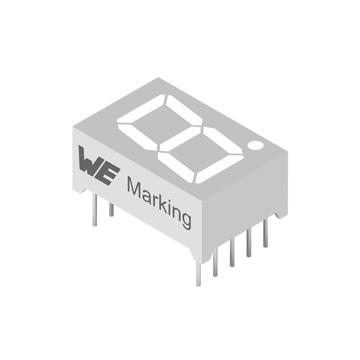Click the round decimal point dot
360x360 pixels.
point(255,145)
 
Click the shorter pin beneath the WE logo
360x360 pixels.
point(111,209)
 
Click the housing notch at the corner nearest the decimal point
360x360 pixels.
point(281,215)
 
